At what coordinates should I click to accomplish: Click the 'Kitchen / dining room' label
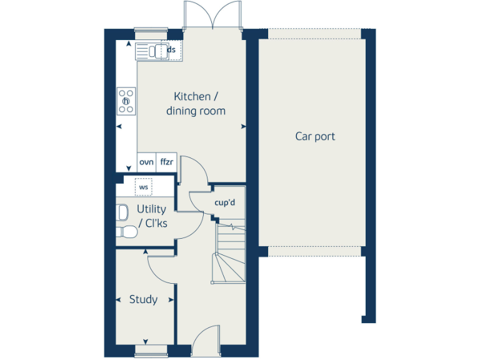pos(196,104)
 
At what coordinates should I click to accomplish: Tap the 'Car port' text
pos(315,136)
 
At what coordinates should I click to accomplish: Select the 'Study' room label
pos(143,299)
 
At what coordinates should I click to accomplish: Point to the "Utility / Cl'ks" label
pos(152,216)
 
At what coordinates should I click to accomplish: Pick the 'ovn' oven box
pos(146,162)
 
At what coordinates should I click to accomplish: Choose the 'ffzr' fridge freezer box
pos(166,162)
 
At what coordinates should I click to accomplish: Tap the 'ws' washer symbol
pos(144,187)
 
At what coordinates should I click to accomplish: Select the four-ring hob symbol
pos(126,101)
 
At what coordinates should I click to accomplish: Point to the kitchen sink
pos(150,51)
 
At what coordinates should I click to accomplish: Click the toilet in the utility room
pos(127,232)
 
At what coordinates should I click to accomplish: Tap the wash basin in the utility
pos(121,212)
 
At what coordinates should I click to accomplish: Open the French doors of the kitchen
pos(213,16)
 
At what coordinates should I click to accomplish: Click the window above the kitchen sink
pos(151,29)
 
